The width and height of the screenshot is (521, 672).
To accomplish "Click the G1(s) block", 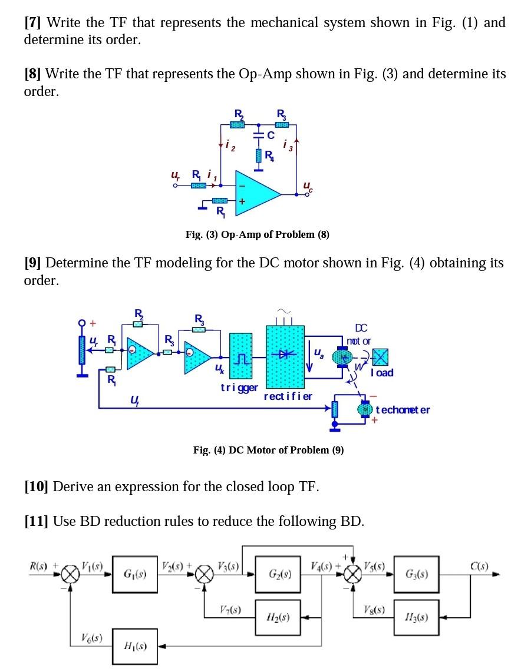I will pos(135,573).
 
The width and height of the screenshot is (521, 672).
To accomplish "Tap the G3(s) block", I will pos(417,573).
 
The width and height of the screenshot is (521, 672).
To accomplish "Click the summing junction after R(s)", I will pos(71,574).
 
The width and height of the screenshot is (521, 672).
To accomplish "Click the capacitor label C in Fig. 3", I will pos(271,134).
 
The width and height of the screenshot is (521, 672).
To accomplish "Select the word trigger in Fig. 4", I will pos(239,387).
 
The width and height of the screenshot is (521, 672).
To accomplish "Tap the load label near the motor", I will pos(382,373).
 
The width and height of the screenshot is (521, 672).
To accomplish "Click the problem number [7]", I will pos(33,23).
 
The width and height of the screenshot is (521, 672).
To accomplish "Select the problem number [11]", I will pos(36,521).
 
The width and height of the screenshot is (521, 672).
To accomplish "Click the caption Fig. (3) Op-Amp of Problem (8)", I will pos(258,234).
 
